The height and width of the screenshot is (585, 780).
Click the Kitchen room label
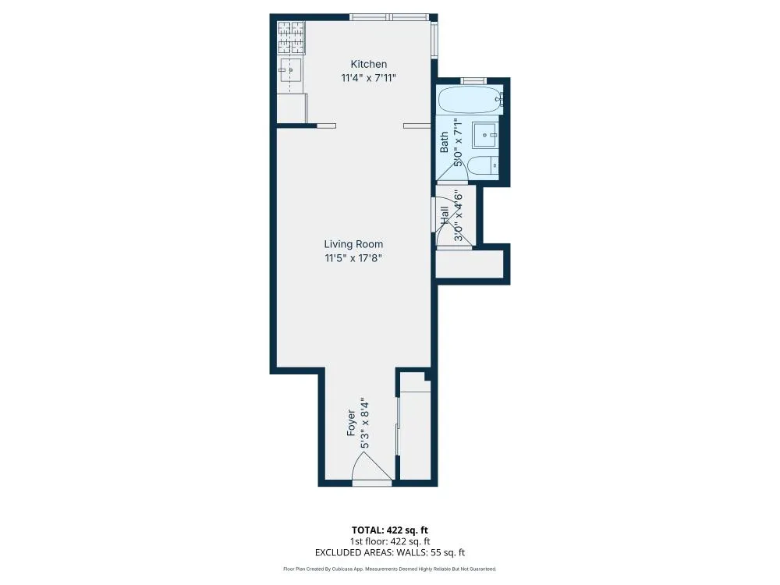[368, 64]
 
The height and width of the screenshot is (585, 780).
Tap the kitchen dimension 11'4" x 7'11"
[368, 78]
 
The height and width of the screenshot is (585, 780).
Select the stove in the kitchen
[291, 36]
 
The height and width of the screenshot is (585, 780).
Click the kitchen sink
[290, 70]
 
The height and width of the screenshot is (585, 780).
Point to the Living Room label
[353, 244]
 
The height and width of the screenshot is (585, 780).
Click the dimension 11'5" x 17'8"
[353, 258]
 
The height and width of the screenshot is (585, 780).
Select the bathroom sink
[488, 136]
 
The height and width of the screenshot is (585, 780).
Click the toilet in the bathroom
[484, 165]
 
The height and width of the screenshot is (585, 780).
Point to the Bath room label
[445, 141]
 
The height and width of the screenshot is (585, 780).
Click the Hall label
[445, 217]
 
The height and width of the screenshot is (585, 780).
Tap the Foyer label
[352, 422]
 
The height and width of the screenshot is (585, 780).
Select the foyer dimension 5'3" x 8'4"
[364, 423]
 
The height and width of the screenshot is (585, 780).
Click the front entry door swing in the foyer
[370, 468]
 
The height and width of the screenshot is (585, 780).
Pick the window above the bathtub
[473, 80]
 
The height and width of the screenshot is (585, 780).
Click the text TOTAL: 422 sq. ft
[389, 530]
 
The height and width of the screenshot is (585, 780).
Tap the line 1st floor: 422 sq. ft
[389, 541]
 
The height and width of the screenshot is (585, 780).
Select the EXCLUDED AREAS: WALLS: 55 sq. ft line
[389, 552]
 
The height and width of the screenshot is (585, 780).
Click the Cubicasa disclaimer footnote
[389, 569]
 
